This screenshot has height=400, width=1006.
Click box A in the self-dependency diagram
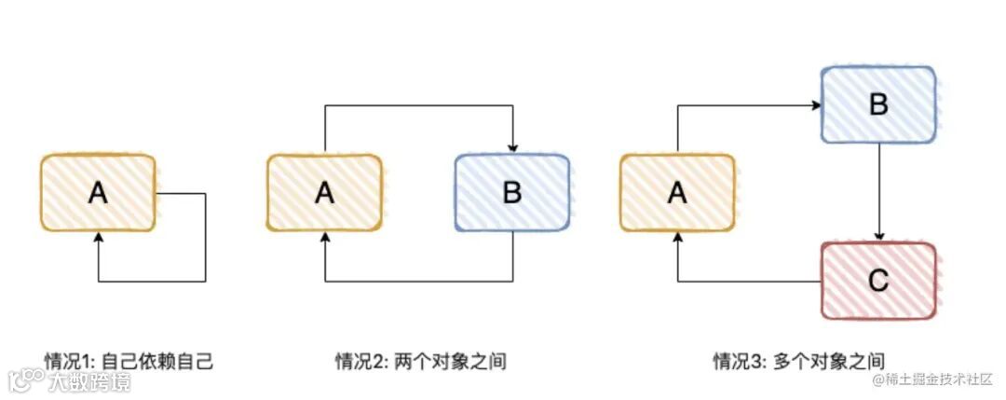pos(97,193)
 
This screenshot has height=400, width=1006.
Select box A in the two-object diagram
pos(324,193)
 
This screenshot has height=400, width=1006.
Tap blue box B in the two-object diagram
pos(511,193)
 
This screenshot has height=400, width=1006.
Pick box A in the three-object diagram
pos(677,193)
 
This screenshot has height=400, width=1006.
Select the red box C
pos(877,281)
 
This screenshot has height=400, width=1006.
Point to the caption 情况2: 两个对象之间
pos(421,361)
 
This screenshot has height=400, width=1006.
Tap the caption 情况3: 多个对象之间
pos(798,361)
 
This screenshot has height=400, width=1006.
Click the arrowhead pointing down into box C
pos(877,237)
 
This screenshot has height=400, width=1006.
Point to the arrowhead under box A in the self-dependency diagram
pos(98,238)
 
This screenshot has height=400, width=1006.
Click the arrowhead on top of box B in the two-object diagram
pos(511,148)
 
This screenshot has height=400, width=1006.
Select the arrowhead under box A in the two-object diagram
pos(324,238)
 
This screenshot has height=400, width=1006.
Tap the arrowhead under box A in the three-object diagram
pos(677,238)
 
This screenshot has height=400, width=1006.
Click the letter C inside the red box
pos(877,281)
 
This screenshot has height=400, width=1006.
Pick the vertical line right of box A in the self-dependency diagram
pos(205,237)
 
